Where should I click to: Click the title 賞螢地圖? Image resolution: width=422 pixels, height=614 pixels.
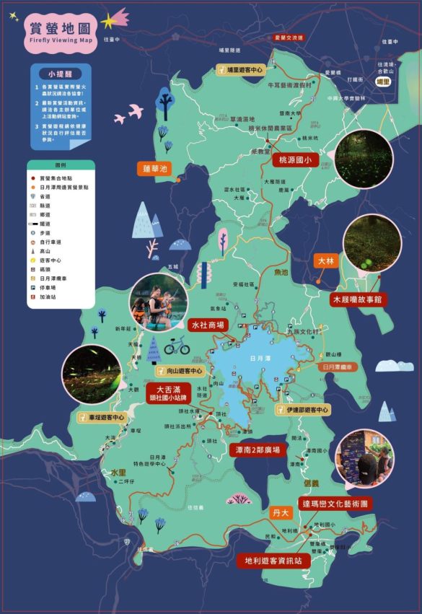click(61, 29)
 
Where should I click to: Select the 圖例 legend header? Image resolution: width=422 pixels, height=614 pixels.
click(61, 164)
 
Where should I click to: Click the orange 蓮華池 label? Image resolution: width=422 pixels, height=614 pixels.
click(154, 169)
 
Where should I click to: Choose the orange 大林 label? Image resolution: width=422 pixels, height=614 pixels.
click(326, 260)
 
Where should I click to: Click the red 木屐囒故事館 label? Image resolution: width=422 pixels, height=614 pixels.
click(356, 298)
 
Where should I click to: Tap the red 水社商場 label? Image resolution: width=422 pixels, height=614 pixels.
click(208, 325)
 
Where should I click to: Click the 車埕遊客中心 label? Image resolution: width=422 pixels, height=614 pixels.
click(102, 417)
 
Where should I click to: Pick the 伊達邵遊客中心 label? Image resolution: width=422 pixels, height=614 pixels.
click(302, 409)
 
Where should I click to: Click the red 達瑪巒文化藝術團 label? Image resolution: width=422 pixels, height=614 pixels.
click(335, 503)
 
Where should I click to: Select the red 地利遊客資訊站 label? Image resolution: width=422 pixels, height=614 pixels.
click(273, 560)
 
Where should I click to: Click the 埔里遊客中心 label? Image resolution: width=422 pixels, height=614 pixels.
click(242, 69)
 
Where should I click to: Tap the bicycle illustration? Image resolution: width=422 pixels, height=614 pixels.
click(177, 347)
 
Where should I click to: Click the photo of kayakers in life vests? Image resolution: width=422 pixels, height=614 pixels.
click(158, 302)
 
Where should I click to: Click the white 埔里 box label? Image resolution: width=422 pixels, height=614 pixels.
click(383, 83)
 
